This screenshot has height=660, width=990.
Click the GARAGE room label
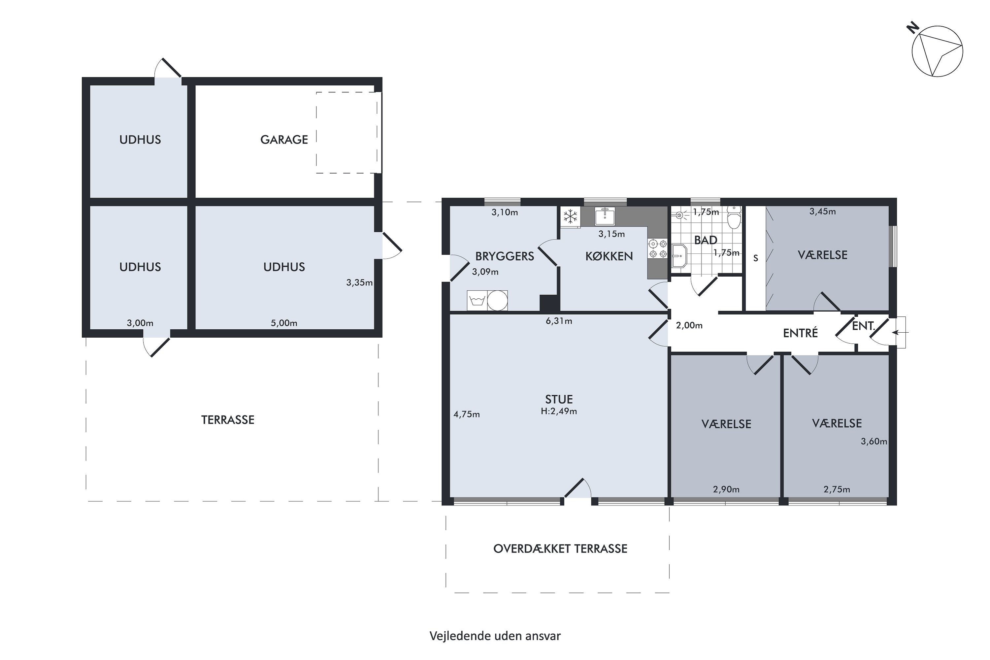[x=284, y=140]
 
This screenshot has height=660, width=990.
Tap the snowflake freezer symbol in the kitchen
[x=570, y=217]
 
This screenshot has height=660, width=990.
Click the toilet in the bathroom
[x=734, y=217]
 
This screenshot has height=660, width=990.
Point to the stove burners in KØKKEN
[x=657, y=249]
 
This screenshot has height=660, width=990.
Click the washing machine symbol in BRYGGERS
[x=477, y=301]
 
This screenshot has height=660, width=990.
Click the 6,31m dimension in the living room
[x=559, y=321]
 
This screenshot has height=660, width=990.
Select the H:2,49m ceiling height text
[x=559, y=411]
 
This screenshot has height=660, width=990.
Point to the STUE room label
[x=559, y=399]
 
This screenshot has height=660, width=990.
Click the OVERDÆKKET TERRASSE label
[x=560, y=549]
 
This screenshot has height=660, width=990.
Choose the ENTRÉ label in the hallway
[x=800, y=333]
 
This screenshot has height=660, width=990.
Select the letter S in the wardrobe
[x=756, y=258]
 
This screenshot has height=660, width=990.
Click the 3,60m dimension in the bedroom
[x=874, y=442]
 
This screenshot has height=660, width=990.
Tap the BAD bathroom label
[x=706, y=240]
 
